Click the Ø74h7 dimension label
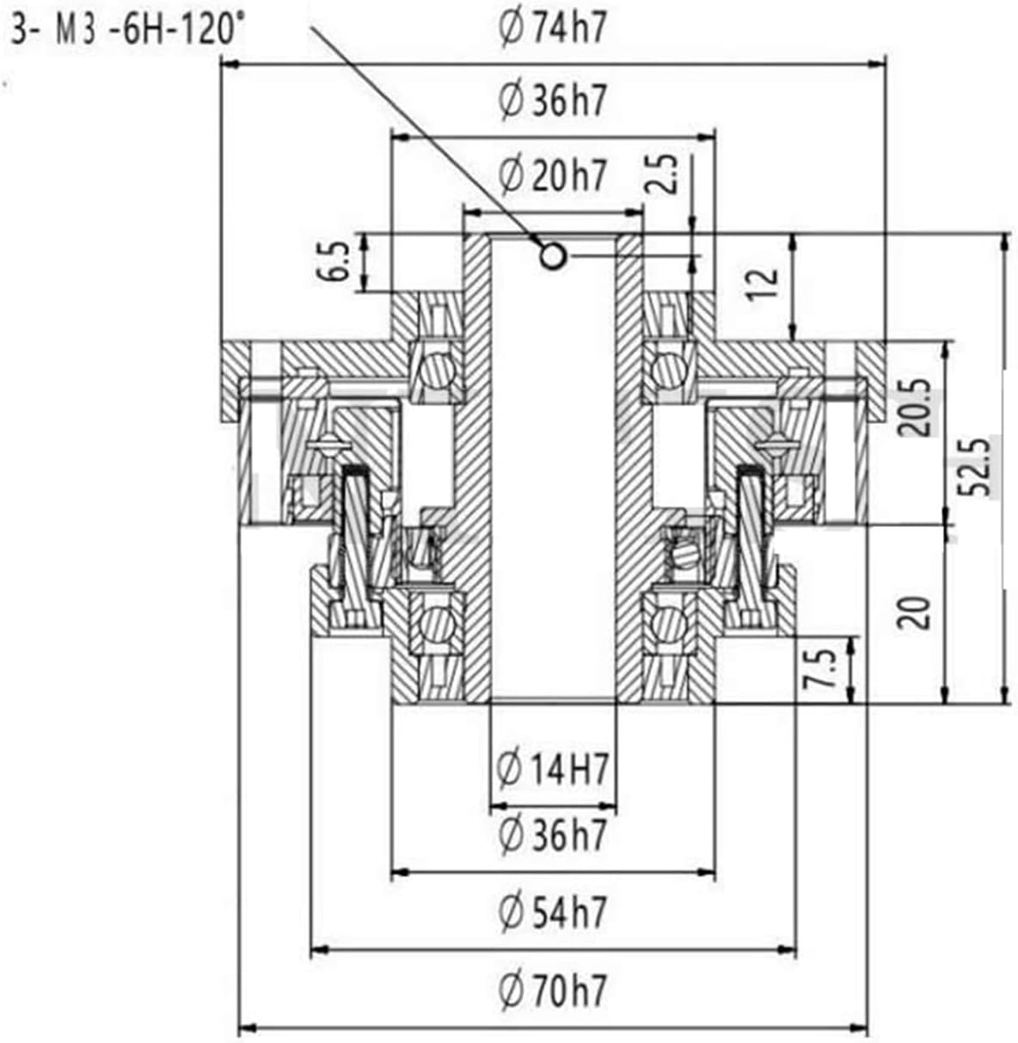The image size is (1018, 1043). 553,28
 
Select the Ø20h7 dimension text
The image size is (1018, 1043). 553,175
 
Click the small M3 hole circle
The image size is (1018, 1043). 552,255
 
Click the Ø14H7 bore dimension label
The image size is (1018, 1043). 553,768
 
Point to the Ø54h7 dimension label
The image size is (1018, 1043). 553,911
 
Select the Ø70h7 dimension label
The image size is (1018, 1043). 553,991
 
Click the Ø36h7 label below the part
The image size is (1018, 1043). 553,834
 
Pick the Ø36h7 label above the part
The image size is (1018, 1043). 553,101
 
